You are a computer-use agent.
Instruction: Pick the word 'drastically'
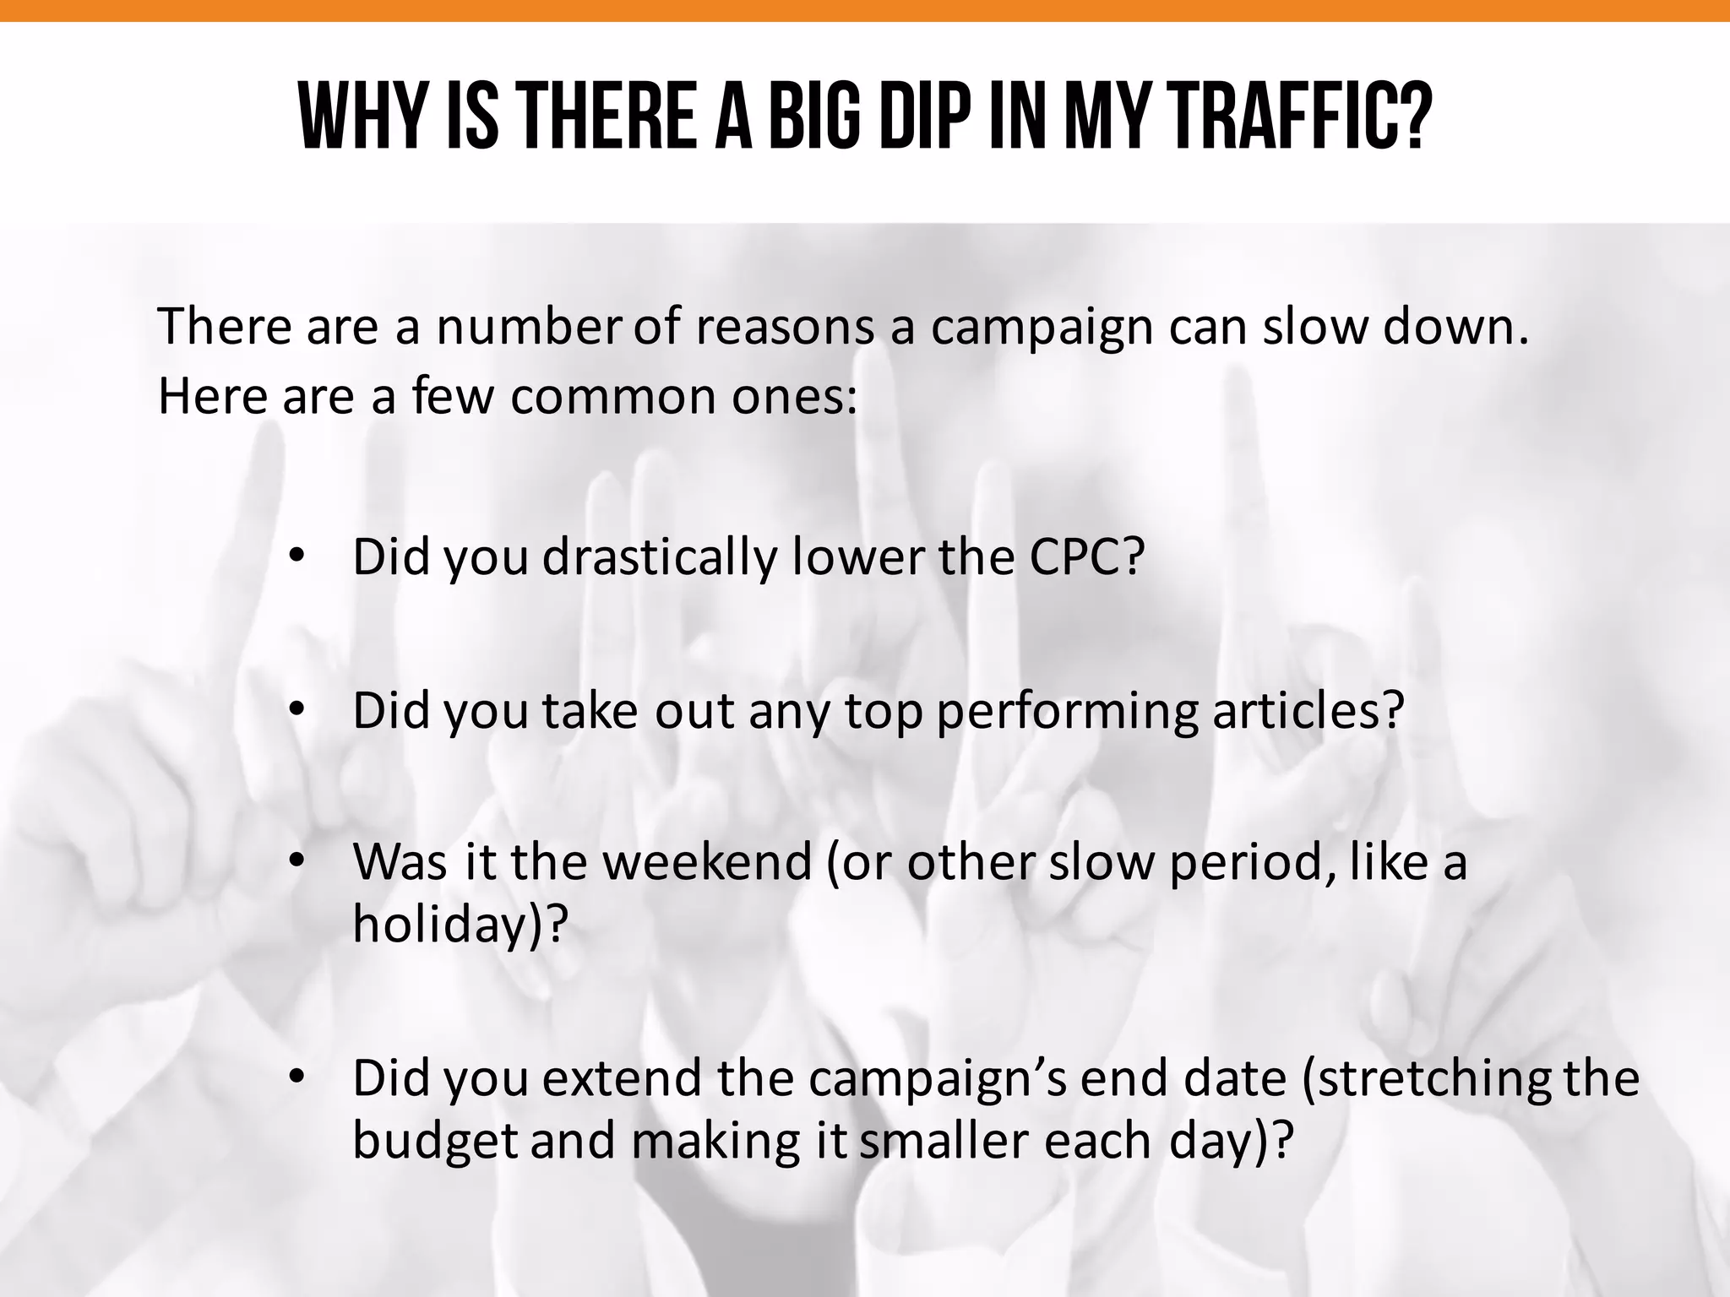point(659,557)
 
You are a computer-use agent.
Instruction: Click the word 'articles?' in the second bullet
point(1308,711)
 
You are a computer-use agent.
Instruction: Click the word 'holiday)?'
point(457,925)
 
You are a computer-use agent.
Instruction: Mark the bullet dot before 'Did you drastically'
point(295,557)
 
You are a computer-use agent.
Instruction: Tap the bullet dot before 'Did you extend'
point(295,1078)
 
